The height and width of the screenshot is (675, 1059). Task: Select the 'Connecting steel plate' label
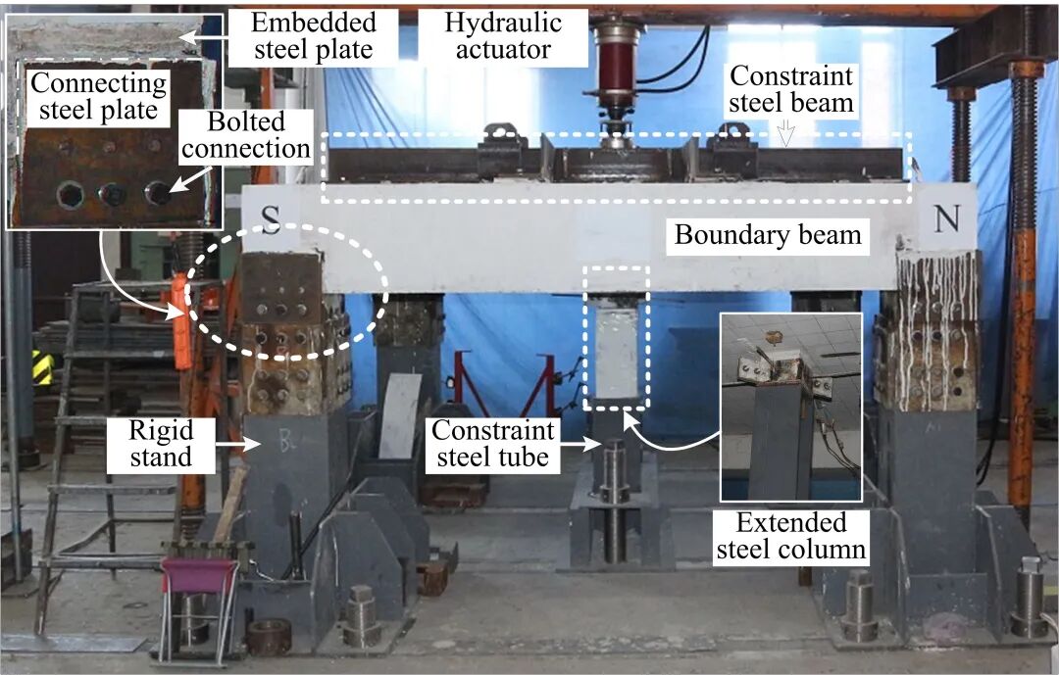[93, 94]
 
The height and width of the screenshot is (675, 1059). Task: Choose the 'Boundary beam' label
[766, 235]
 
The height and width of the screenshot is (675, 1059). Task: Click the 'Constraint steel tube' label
[493, 443]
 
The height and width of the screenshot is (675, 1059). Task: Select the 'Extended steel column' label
[792, 535]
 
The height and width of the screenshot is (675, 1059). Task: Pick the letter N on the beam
[947, 219]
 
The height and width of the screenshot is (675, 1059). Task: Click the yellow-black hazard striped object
[42, 367]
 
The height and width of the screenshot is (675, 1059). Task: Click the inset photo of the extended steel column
[790, 407]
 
